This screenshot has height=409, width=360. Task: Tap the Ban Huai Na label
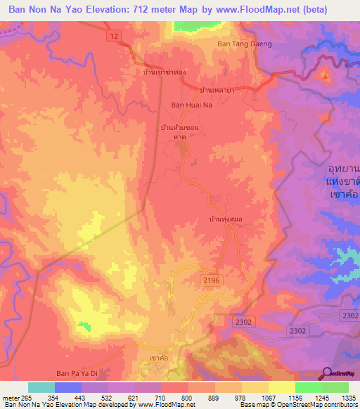[191, 105]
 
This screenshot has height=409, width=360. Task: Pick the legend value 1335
[345, 397]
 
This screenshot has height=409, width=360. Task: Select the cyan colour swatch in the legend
[41, 387]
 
